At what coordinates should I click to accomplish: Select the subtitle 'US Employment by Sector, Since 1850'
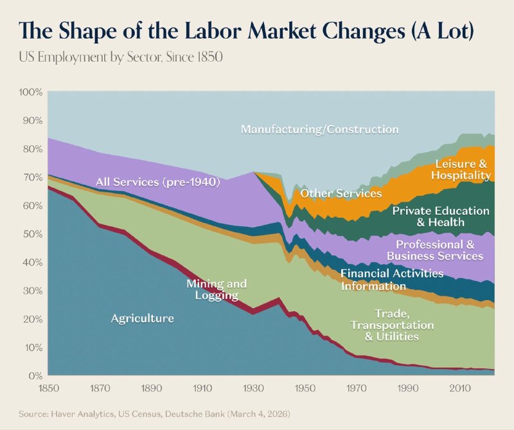(121, 57)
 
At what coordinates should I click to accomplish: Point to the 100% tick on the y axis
(31, 92)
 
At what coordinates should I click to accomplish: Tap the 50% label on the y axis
(33, 234)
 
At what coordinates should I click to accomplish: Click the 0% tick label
(35, 375)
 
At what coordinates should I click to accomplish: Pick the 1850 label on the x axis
(49, 388)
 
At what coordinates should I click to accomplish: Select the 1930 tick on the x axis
(253, 388)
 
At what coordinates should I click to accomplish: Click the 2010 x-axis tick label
(460, 388)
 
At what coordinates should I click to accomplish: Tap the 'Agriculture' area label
(142, 318)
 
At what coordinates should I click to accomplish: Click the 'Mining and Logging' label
(217, 289)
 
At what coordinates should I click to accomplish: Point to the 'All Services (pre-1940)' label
(157, 182)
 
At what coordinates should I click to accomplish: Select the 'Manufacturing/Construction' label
(319, 129)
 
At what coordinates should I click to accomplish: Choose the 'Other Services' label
(341, 193)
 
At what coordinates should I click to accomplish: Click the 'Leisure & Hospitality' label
(461, 169)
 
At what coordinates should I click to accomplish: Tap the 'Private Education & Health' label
(441, 217)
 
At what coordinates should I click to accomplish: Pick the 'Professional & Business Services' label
(435, 250)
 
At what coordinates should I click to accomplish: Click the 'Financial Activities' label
(392, 273)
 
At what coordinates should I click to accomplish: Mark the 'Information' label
(373, 286)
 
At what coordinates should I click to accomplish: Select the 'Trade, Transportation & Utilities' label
(392, 325)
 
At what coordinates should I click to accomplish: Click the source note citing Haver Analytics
(154, 414)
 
